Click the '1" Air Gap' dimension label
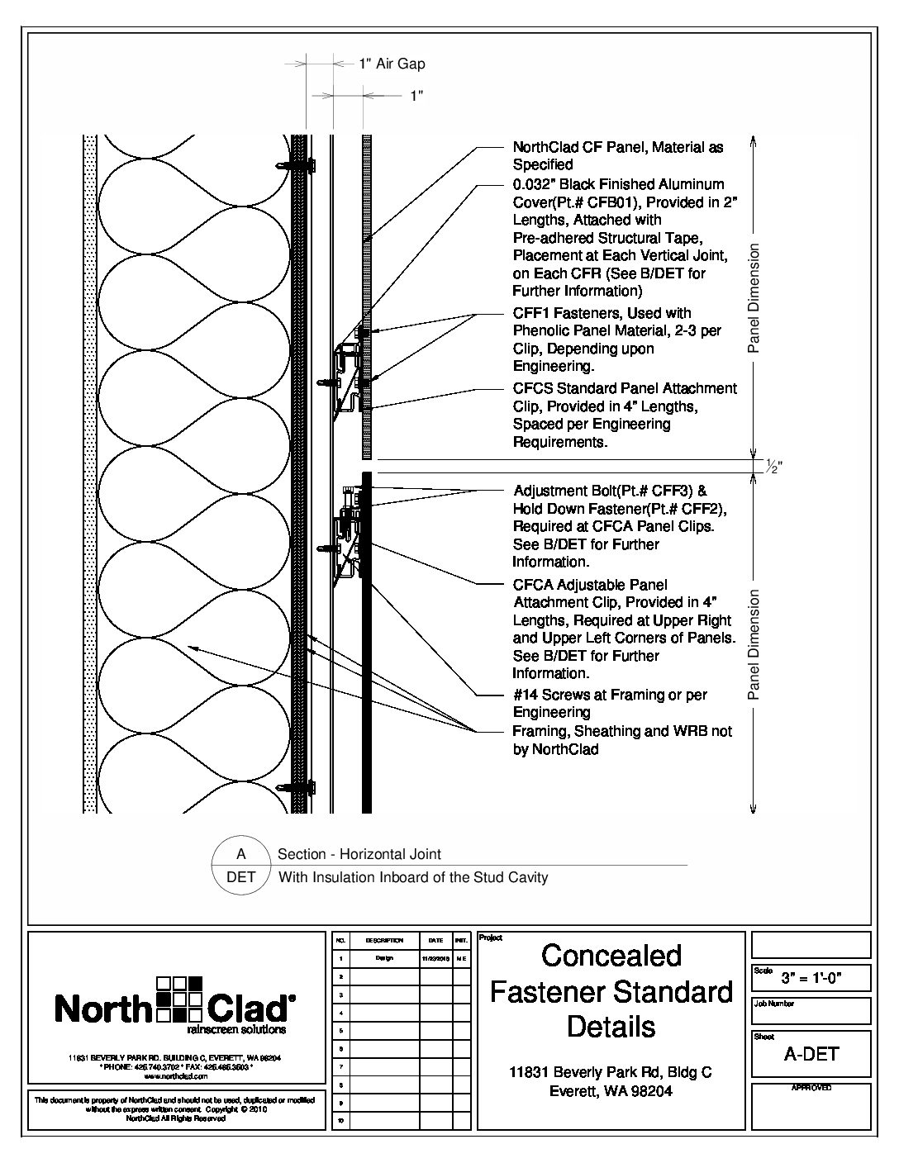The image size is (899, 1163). (x=392, y=64)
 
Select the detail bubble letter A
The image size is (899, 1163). (x=240, y=855)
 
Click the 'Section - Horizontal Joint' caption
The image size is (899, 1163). (x=359, y=855)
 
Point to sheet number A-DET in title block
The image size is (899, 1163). (x=811, y=1053)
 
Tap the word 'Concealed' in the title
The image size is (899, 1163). (x=611, y=956)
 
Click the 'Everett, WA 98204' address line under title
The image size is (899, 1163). (x=611, y=1090)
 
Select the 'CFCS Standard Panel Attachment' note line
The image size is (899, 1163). (x=625, y=388)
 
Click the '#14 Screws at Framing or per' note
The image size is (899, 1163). (x=610, y=695)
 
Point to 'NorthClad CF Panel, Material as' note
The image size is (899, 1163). (x=618, y=148)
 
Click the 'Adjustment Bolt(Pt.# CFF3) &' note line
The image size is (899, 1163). (x=610, y=490)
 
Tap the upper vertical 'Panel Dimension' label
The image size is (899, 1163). (x=753, y=299)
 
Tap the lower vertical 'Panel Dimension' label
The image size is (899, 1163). (x=753, y=644)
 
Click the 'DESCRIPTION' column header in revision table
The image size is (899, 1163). (x=383, y=940)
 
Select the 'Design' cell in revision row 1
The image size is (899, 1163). (x=383, y=958)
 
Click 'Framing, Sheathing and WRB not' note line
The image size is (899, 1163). (x=622, y=731)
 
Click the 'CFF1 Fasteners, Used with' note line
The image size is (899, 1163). (x=602, y=313)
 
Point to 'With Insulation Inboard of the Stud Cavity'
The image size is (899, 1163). (x=413, y=877)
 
